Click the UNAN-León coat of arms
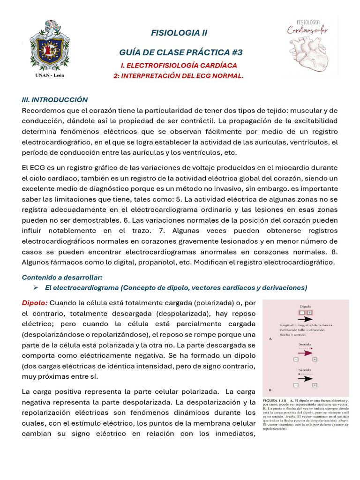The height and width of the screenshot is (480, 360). [49, 46]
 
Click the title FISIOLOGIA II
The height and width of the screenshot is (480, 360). [179, 33]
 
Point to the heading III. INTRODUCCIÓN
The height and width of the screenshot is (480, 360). [55, 100]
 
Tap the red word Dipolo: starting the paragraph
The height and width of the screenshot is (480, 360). [35, 302]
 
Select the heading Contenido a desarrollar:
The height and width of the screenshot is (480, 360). [62, 277]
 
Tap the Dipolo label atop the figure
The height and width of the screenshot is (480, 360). [305, 306]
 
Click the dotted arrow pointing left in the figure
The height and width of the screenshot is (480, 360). [305, 374]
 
